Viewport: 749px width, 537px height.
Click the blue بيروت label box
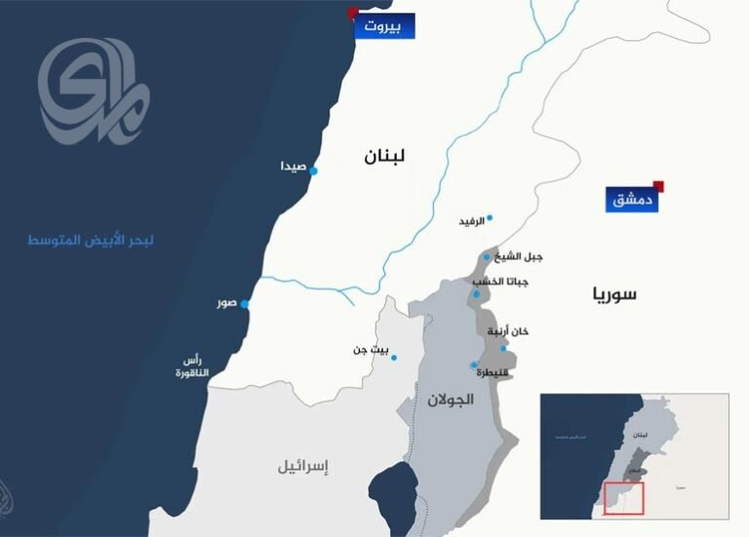385,25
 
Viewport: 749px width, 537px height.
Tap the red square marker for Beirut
353,13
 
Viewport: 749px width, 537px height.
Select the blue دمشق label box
631,200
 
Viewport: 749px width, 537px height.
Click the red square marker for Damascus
659,186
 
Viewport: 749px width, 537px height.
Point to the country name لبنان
384,156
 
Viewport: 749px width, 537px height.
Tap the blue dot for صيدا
314,171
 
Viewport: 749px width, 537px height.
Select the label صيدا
294,167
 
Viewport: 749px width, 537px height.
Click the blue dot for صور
245,305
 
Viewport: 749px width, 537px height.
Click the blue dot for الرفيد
490,217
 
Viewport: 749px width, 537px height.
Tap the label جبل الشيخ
519,256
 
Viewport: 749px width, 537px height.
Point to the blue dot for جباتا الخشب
477,294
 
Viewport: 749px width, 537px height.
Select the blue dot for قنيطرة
473,365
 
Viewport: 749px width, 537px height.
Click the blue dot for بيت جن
394,358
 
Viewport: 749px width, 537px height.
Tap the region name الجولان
451,400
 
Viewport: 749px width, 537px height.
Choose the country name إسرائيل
303,467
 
